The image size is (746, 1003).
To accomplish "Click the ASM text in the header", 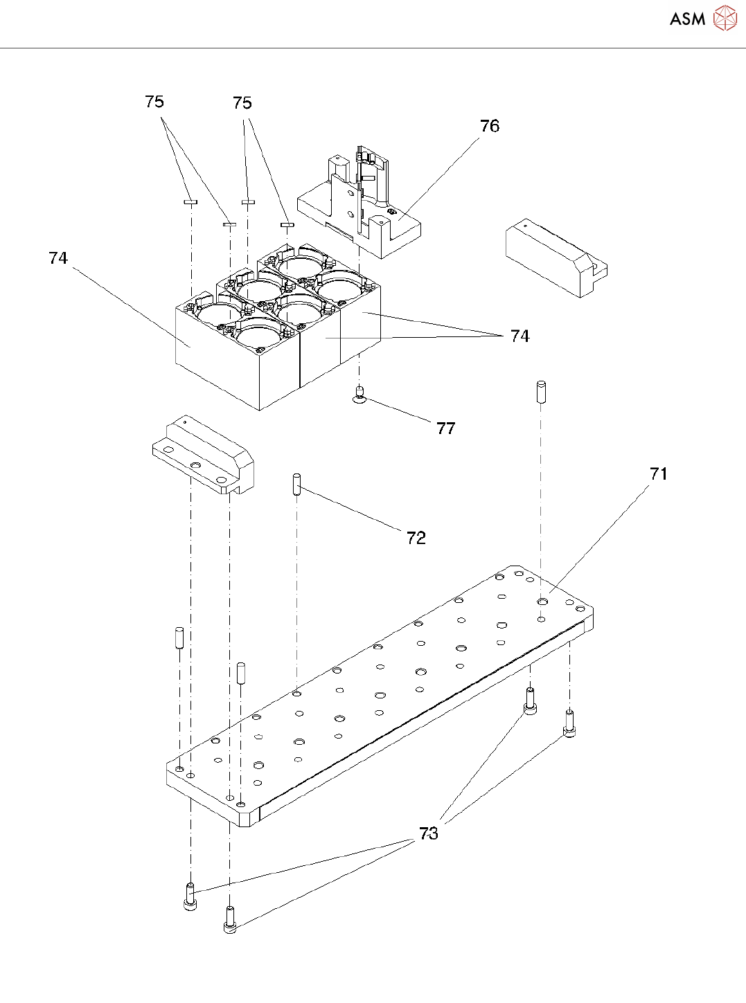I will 687,19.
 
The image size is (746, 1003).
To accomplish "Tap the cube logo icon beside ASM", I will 725,18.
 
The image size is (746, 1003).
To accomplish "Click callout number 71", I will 658,473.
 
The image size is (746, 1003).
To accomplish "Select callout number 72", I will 416,538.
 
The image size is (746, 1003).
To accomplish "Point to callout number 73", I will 429,833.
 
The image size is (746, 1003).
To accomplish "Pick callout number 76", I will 489,126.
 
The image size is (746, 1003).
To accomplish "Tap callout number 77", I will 445,428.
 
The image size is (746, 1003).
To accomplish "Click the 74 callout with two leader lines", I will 519,336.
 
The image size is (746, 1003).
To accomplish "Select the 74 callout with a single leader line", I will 58,258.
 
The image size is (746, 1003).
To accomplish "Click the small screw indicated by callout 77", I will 359,395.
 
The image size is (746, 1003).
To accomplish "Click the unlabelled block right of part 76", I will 554,257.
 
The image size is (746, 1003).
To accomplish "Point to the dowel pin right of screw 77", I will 541,392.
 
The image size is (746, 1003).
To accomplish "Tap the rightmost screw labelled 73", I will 569,724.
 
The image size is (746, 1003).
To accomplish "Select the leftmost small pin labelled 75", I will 190,203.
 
